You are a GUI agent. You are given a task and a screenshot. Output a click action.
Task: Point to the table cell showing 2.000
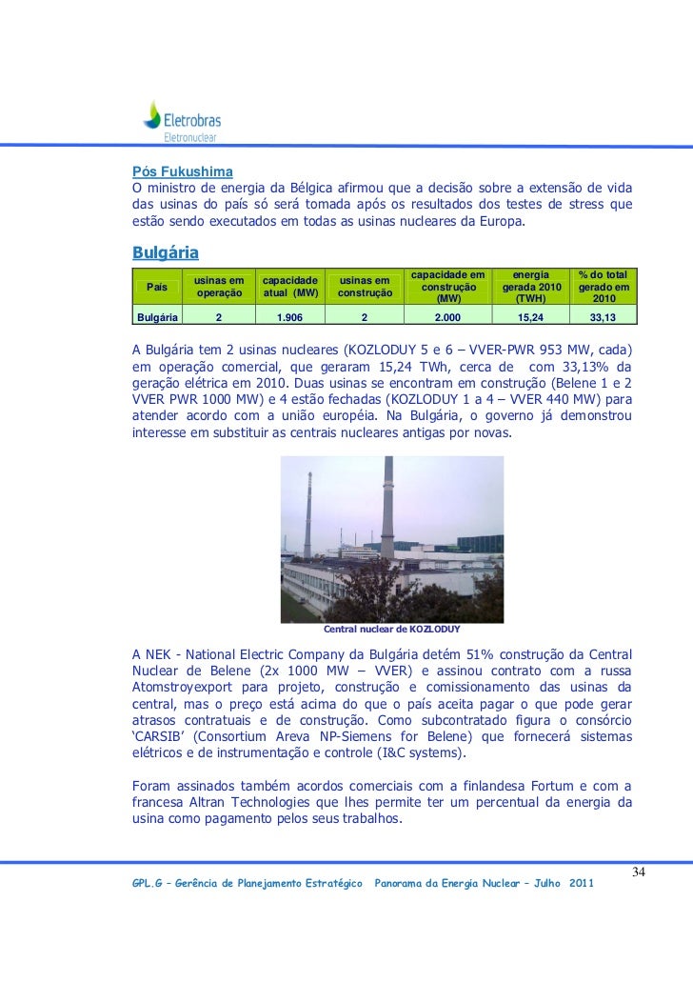click(x=446, y=317)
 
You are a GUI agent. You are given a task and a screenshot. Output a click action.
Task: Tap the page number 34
click(x=638, y=874)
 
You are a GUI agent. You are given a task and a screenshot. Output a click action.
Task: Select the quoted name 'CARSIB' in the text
click(x=159, y=738)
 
